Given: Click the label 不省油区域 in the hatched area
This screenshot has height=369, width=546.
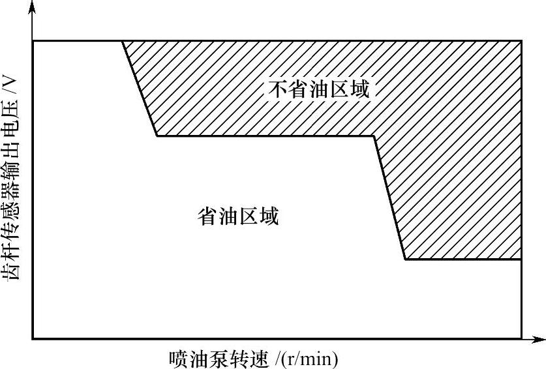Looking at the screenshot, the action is click(x=319, y=89).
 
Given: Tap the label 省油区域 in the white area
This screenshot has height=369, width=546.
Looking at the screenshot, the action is click(x=238, y=216).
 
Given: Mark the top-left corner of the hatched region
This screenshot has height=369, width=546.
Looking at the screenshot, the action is click(x=123, y=41).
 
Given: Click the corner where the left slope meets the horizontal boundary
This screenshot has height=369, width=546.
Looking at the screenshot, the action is click(x=157, y=136).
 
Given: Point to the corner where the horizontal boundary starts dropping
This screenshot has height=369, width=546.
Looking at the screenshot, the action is click(x=374, y=136).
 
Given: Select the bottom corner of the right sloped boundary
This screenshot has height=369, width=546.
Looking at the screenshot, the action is click(x=405, y=259).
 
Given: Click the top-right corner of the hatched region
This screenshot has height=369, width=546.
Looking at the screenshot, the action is click(x=521, y=41).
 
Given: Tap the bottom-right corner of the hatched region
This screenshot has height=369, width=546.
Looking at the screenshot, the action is click(x=521, y=259).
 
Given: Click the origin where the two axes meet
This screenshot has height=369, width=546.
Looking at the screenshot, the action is click(x=33, y=339).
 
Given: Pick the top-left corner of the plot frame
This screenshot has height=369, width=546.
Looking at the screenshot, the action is click(x=33, y=41).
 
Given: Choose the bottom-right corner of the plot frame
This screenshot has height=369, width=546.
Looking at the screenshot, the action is click(x=521, y=339).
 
